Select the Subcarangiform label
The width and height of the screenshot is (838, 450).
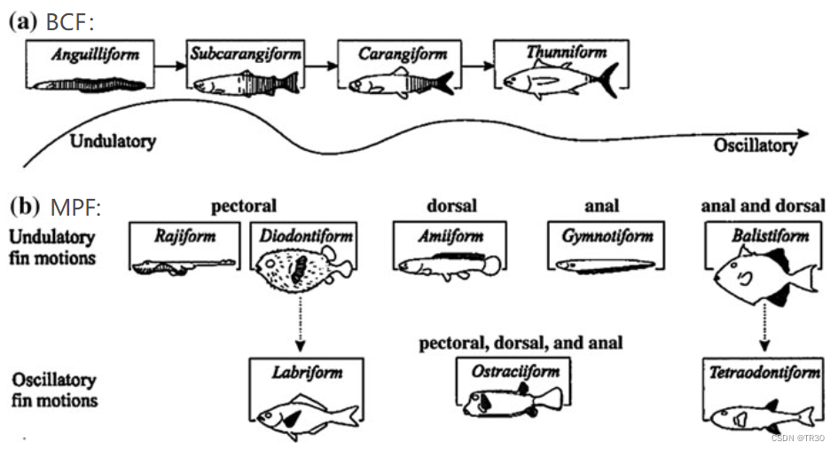pyautogui.click(x=246, y=54)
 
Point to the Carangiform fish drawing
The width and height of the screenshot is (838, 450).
pyautogui.click(x=401, y=83)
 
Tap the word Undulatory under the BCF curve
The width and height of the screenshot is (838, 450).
pyautogui.click(x=113, y=141)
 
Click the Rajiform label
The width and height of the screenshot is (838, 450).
pyautogui.click(x=184, y=236)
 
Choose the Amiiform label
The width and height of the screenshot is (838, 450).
pyautogui.click(x=450, y=236)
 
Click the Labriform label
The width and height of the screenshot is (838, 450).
pyautogui.click(x=306, y=373)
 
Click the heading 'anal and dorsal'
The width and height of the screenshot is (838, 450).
pyautogui.click(x=763, y=206)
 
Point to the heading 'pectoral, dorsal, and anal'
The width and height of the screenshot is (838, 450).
pyautogui.click(x=521, y=342)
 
